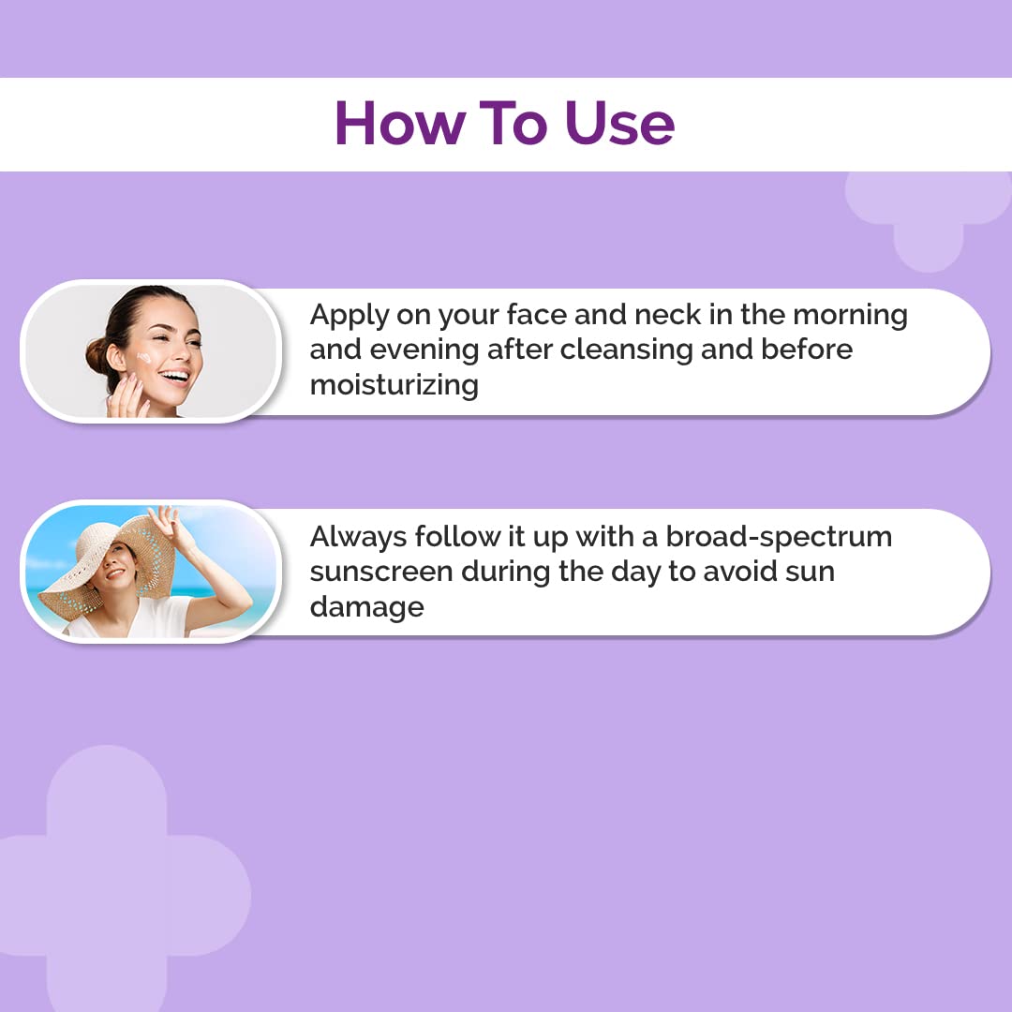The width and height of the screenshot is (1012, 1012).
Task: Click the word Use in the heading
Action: tap(619, 123)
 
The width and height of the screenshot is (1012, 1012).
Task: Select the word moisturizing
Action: tap(394, 384)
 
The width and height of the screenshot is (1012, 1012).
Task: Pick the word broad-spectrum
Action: tap(779, 537)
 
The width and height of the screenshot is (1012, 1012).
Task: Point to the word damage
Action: tap(366, 606)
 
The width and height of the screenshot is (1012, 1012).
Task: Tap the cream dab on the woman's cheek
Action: tap(143, 359)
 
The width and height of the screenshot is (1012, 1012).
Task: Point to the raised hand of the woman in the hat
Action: tap(170, 519)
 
